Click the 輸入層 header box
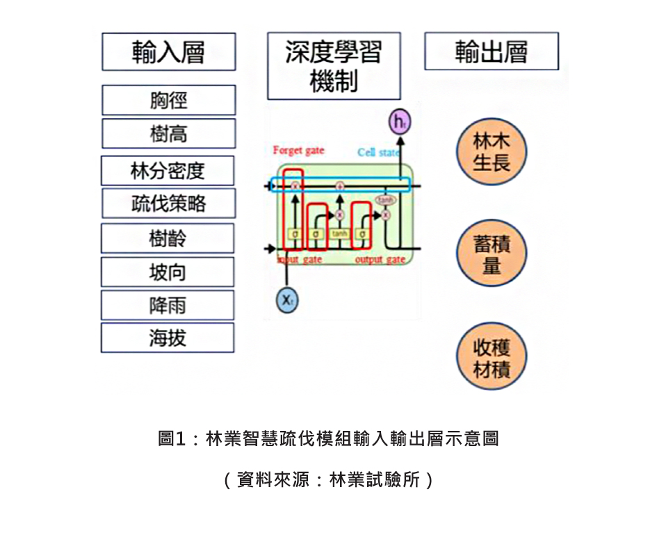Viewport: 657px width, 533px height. [x=168, y=52]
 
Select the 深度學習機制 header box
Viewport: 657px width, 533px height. [x=334, y=66]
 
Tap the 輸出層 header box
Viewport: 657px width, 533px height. [x=492, y=51]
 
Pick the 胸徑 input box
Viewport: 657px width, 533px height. [x=168, y=100]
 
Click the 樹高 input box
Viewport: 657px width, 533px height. [x=168, y=133]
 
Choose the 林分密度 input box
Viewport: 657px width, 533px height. [x=168, y=170]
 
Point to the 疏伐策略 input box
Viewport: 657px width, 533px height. [x=168, y=203]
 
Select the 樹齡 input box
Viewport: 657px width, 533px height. [x=168, y=238]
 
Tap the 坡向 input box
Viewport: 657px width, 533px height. [x=168, y=272]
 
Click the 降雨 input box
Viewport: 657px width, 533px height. [x=168, y=305]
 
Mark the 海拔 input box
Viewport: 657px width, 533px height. [x=168, y=338]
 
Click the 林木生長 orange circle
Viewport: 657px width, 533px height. [x=492, y=152]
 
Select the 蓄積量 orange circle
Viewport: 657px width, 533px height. [x=492, y=254]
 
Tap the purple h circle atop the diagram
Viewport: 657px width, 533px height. [x=398, y=122]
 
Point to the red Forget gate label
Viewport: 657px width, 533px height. [x=298, y=150]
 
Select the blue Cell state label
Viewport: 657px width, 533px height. [x=379, y=152]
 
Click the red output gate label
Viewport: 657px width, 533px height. [x=380, y=259]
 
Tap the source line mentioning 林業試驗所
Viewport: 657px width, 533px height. [x=328, y=479]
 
